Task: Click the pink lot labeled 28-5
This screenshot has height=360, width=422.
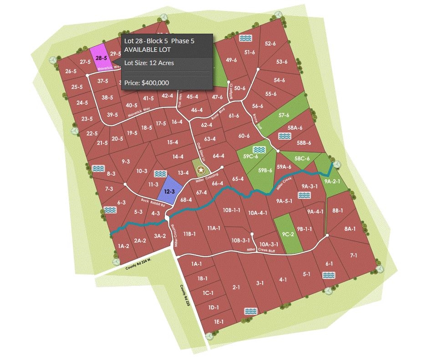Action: point(99,58)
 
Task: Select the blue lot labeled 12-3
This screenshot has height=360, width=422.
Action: point(170,191)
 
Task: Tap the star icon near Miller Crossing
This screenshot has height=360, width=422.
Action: point(200,170)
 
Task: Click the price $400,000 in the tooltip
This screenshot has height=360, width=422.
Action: point(147,83)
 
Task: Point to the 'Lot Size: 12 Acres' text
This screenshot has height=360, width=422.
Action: point(149,63)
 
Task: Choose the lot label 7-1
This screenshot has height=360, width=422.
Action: point(353,256)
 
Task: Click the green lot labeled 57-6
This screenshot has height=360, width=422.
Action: point(284,115)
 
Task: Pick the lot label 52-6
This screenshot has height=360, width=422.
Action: point(270,44)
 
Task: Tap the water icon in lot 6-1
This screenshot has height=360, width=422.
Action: point(328,275)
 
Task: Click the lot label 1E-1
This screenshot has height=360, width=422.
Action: point(219,322)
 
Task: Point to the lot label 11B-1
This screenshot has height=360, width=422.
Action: point(189,234)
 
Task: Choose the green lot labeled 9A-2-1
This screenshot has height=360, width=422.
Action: point(332,181)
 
